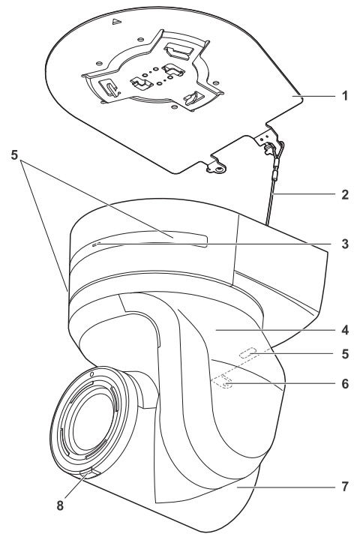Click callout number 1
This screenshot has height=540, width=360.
pyautogui.click(x=345, y=95)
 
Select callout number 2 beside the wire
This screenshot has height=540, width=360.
pyautogui.click(x=345, y=194)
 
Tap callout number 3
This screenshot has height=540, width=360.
pyautogui.click(x=345, y=244)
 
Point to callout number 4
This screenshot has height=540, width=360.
pyautogui.click(x=345, y=330)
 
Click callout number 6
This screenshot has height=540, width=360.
pyautogui.click(x=345, y=384)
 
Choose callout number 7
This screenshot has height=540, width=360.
pyautogui.click(x=345, y=487)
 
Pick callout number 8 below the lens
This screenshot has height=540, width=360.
pyautogui.click(x=60, y=505)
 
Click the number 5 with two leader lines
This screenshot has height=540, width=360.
pyautogui.click(x=14, y=154)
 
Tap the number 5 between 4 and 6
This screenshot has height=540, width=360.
pyautogui.click(x=345, y=354)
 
